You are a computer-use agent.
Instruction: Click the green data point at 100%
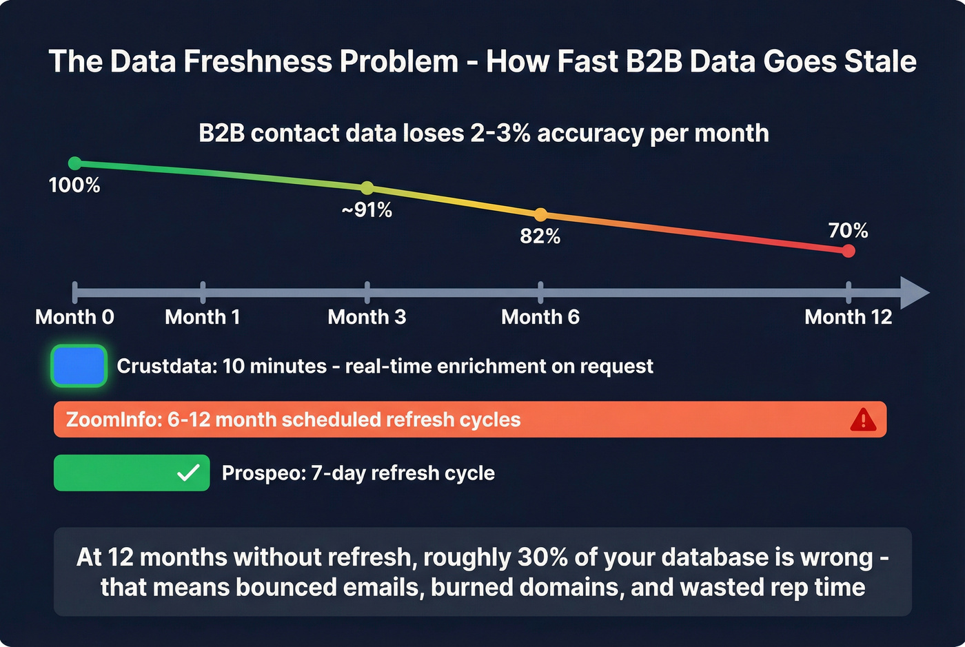tap(75, 163)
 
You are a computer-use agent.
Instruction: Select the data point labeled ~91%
tap(367, 188)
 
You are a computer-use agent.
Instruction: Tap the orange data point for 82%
tap(540, 215)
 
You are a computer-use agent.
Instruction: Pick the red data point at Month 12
tap(849, 251)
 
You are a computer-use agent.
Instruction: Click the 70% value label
tap(848, 230)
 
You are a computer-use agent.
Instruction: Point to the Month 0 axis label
tap(74, 317)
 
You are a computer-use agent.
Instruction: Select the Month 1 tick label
tap(203, 317)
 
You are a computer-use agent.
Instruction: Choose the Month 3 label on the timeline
tap(367, 317)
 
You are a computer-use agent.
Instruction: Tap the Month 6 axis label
tap(540, 317)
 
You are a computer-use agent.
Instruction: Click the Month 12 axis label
tap(848, 317)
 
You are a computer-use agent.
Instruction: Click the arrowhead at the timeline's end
tap(915, 293)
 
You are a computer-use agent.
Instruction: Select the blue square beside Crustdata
tap(79, 366)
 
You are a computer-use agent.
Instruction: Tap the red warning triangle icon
tap(863, 419)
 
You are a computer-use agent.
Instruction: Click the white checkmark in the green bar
tap(188, 473)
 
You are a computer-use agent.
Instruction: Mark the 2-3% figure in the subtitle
tap(500, 133)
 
